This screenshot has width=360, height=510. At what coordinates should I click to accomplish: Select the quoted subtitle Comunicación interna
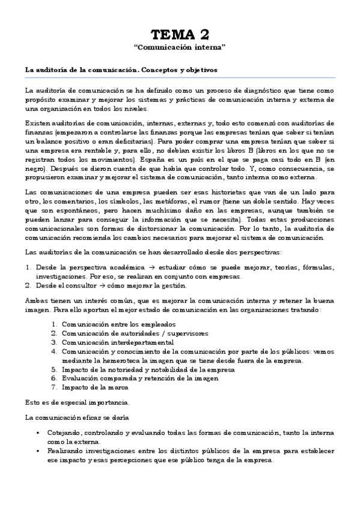tap(180, 46)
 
